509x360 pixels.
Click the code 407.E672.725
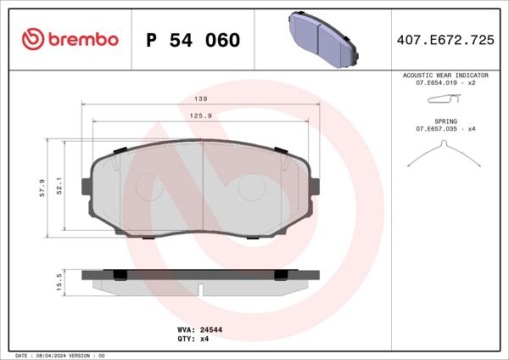point(445,40)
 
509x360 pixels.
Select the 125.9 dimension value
point(200,115)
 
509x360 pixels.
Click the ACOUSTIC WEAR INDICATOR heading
point(445,76)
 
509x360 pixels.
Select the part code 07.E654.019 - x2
point(445,83)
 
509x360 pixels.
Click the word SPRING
point(445,122)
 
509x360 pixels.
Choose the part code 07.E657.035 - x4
point(445,130)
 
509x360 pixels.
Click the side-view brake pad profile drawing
point(200,278)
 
